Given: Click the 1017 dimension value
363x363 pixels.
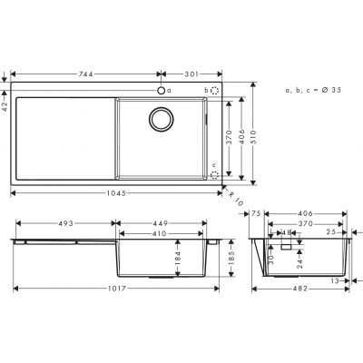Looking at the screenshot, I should point(114,289).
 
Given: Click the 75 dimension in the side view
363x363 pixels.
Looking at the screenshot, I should point(257,214).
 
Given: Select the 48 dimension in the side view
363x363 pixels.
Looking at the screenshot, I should point(287,232).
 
